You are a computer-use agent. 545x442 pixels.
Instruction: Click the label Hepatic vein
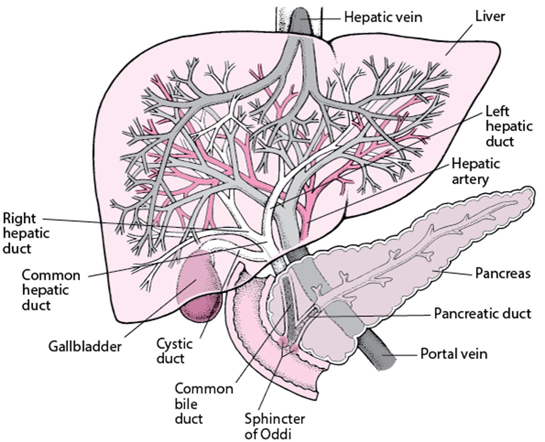383,18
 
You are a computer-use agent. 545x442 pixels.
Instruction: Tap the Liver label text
490,16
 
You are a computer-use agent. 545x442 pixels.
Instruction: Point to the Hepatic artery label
476,171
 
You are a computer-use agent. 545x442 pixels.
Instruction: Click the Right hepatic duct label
26,233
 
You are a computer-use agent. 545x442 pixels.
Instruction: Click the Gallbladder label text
85,347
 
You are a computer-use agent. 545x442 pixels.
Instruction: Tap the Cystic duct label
174,351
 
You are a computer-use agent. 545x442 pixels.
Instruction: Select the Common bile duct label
204,403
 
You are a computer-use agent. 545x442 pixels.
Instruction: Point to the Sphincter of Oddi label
275,426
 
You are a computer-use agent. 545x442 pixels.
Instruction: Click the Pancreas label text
503,274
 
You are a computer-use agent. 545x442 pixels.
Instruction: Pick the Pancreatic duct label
482,314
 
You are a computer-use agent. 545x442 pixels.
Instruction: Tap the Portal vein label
454,354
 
